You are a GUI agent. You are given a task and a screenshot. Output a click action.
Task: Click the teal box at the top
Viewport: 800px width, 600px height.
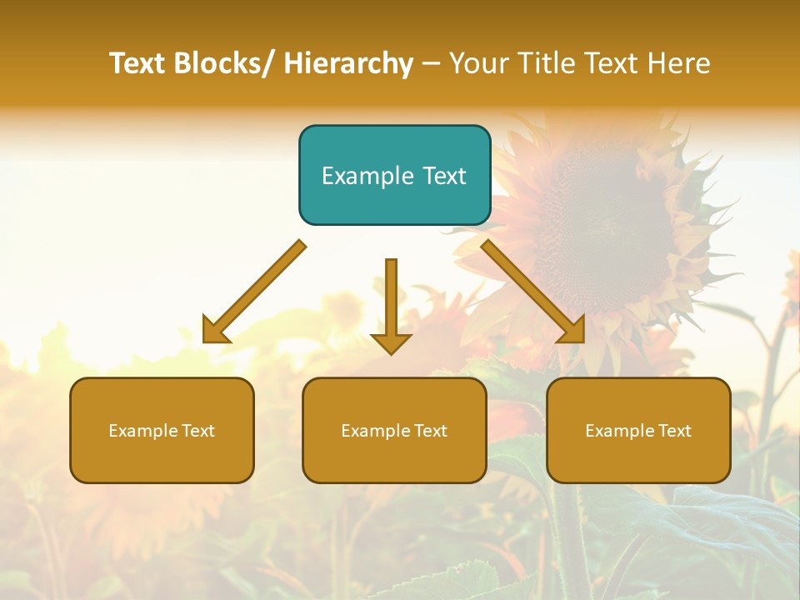(394, 175)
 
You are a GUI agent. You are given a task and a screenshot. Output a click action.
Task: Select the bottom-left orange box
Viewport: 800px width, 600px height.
(162, 430)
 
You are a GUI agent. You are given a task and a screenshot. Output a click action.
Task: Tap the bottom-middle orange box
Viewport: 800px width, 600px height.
(394, 430)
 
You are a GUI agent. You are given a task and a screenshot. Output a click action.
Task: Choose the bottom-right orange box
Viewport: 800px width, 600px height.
(638, 430)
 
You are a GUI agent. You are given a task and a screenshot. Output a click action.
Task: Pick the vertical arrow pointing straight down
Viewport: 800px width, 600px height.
(391, 305)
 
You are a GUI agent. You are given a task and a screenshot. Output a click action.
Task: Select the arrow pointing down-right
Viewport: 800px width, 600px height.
(533, 292)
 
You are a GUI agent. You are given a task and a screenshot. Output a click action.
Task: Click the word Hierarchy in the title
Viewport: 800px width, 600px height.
(348, 63)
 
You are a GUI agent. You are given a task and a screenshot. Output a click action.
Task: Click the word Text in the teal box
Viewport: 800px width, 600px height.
(445, 176)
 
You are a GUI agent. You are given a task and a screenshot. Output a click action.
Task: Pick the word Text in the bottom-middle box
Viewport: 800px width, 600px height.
(430, 431)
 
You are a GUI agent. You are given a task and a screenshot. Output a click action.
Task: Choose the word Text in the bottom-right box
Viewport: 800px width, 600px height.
(674, 431)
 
